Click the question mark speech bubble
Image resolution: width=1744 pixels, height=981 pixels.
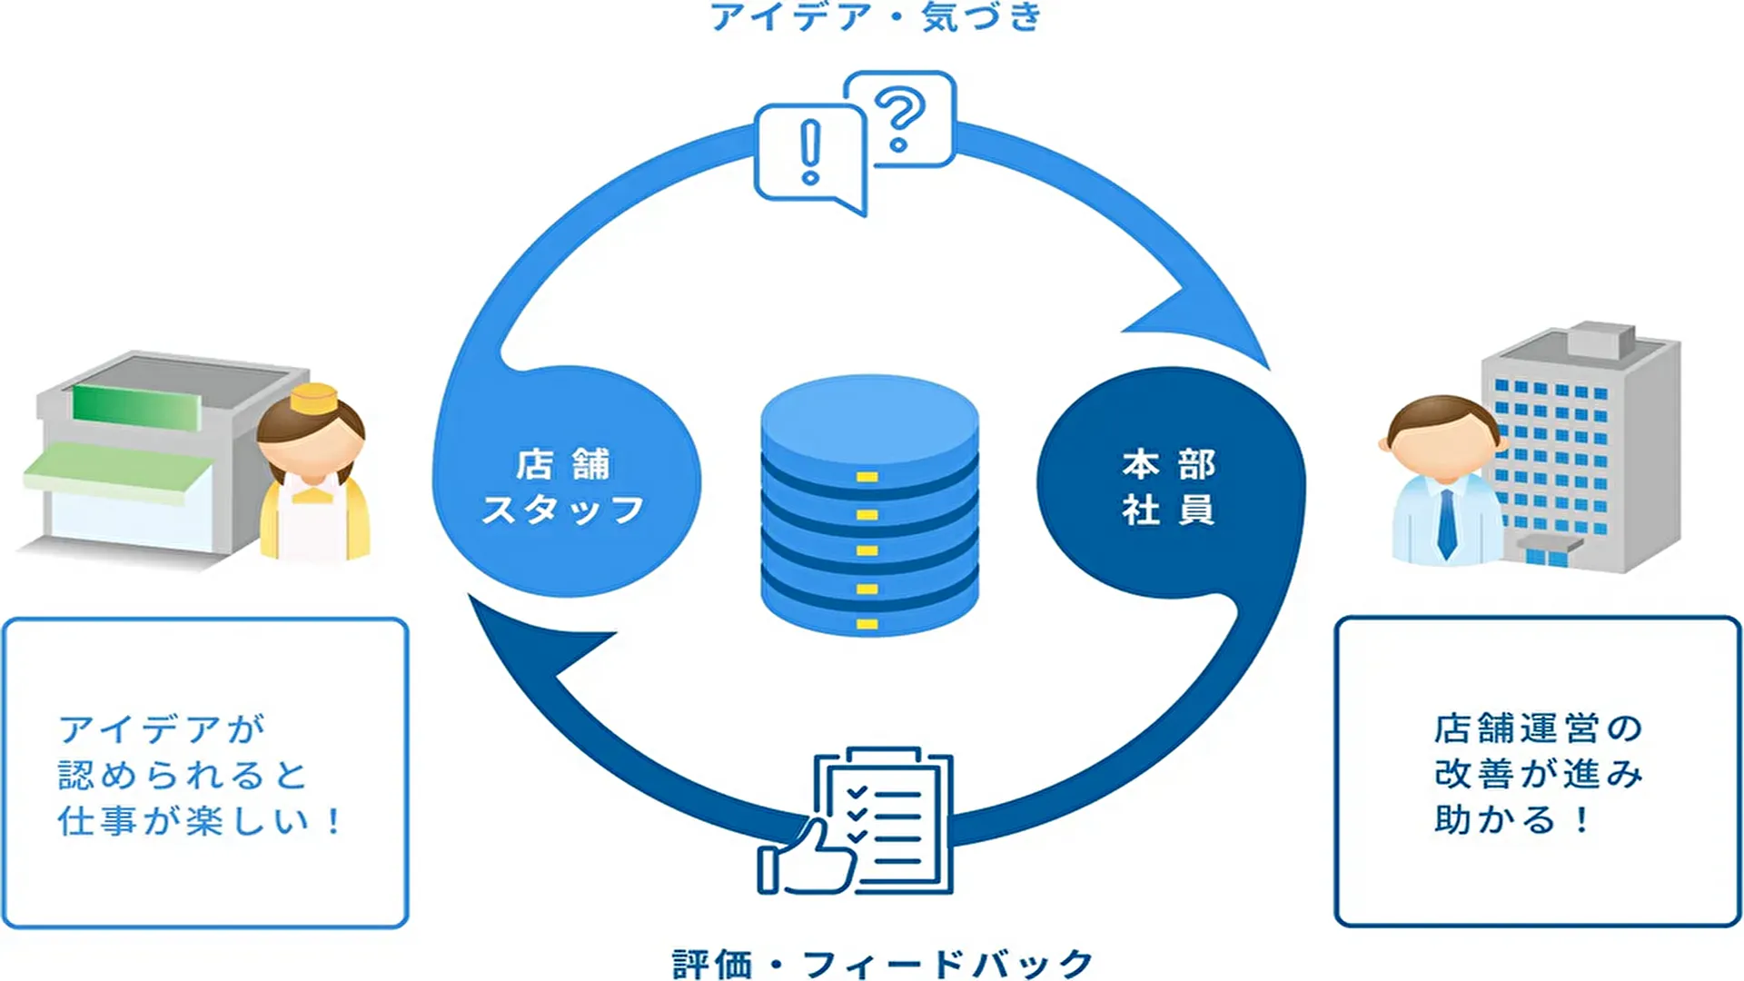899,118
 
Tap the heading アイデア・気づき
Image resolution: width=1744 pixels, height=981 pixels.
876,16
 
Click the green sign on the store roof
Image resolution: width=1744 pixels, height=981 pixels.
136,405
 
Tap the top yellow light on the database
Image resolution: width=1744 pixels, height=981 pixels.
867,477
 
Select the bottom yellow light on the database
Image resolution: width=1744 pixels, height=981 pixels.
867,624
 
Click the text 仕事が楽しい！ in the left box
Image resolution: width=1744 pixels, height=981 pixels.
200,821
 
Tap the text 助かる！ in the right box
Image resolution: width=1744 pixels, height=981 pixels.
1512,819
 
